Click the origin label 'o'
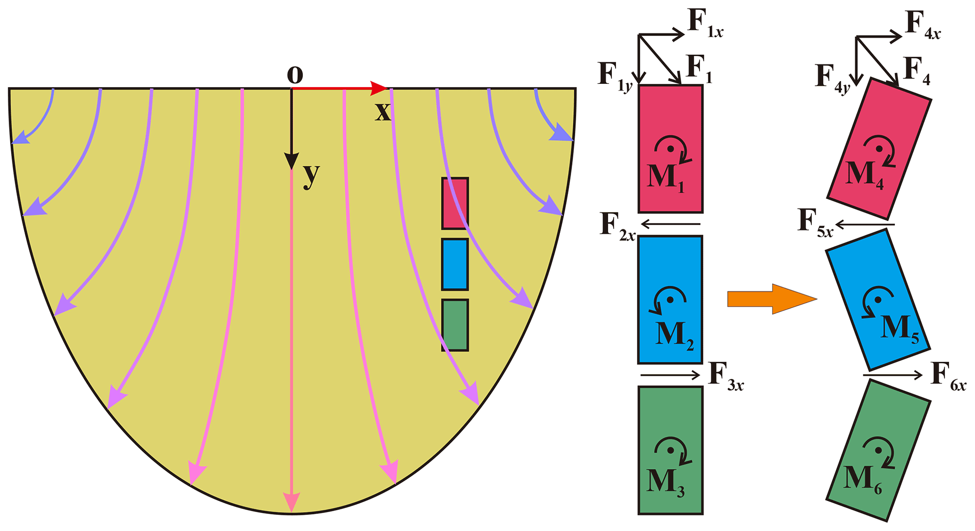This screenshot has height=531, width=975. pos(295,74)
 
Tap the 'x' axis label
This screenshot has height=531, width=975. pos(383,112)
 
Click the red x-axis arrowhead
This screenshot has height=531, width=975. pos(378,88)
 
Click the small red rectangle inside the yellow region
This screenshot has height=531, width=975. pos(455,203)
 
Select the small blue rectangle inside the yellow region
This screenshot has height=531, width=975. pos(455,264)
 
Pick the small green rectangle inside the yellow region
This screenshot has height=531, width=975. pos(455,325)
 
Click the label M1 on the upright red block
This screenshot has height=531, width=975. pos(666,178)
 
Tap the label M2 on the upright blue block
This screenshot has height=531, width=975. pos(675,335)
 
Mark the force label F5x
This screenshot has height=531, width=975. pos(815,221)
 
